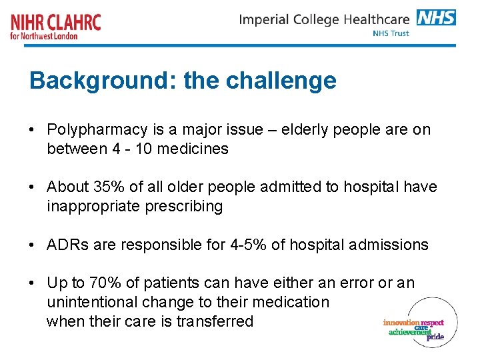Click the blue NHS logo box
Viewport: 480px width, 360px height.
coord(436,17)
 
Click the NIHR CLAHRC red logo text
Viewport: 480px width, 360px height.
coord(56,22)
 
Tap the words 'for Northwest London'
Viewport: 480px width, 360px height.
coord(44,36)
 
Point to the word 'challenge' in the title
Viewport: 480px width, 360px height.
coord(281,81)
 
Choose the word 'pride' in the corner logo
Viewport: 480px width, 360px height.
coord(435,337)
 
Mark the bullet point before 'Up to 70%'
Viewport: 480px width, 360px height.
coord(33,283)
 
